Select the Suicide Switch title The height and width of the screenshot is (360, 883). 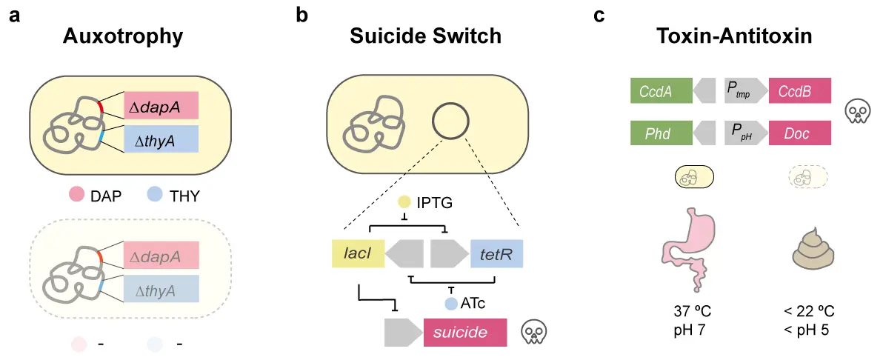click(x=425, y=35)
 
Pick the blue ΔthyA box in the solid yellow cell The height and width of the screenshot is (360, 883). click(x=160, y=139)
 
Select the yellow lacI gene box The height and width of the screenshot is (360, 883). click(x=356, y=253)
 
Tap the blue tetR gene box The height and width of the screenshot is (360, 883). click(x=496, y=253)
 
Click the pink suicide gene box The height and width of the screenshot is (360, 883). click(x=464, y=333)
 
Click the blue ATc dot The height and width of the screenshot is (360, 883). click(x=450, y=302)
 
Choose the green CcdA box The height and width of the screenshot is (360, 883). click(x=660, y=91)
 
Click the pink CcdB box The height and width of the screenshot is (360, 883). click(x=800, y=91)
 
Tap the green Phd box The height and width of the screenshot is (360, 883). click(x=660, y=133)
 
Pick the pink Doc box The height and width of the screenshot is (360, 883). click(x=800, y=133)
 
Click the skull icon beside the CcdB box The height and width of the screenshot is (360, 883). click(x=858, y=113)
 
